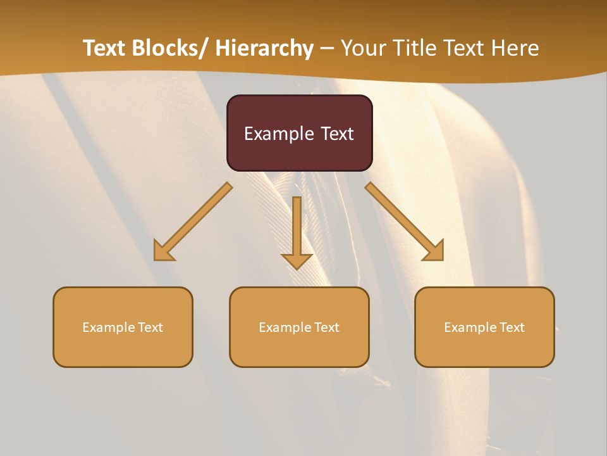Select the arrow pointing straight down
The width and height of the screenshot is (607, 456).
coord(297,231)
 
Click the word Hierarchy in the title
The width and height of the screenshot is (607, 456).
coord(264,48)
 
